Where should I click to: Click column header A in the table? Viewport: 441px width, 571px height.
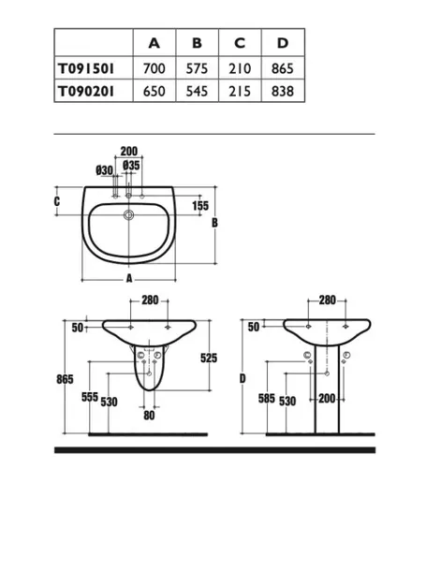point(154,43)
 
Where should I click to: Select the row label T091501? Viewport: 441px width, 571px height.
point(86,68)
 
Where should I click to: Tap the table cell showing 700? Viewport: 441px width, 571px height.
point(154,68)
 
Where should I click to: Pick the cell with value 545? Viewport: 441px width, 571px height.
point(197,91)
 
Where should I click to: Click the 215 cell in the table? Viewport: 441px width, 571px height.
point(240,91)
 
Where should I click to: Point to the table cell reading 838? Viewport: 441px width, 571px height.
point(282,91)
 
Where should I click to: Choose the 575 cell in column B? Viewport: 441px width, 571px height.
point(197,68)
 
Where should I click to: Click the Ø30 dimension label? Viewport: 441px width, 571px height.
point(104,170)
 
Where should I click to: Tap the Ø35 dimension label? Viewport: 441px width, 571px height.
point(131,166)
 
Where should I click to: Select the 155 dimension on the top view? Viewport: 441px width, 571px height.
point(200,206)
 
